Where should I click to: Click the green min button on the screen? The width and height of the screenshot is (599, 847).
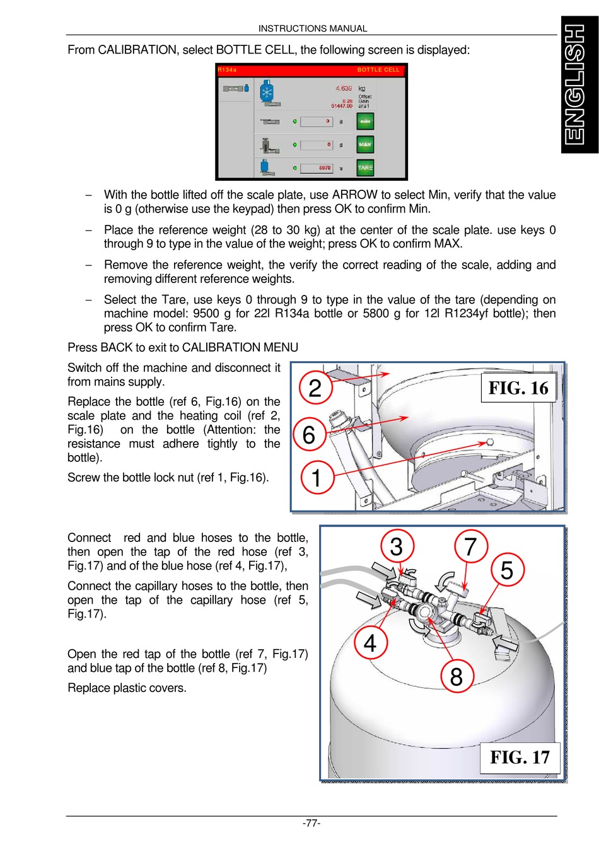(x=365, y=121)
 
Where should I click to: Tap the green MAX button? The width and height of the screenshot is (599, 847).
(x=365, y=144)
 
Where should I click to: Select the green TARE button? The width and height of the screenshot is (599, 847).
(x=365, y=168)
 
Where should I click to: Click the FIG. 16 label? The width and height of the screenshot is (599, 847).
(x=518, y=388)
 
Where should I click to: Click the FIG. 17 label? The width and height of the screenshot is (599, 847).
(x=520, y=757)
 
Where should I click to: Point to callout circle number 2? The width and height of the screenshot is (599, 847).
(x=315, y=388)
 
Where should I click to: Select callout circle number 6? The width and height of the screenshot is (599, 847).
(x=309, y=434)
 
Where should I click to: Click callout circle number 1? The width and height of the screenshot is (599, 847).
(x=317, y=477)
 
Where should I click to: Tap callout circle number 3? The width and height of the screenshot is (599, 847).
(x=397, y=546)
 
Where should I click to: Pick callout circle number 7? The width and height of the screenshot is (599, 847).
(x=470, y=546)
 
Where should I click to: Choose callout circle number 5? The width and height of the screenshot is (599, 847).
(x=507, y=570)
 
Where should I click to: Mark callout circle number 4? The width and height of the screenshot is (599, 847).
(x=370, y=643)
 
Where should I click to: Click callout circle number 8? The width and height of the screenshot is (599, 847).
(x=457, y=676)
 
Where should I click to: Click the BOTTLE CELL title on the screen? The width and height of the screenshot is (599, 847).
(x=378, y=70)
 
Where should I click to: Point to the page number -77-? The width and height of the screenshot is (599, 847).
(x=311, y=823)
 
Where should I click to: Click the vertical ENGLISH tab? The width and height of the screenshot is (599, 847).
(x=579, y=85)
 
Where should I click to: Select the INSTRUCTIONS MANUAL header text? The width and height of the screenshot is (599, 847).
(x=313, y=28)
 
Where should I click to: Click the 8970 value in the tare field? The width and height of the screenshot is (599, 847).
(x=325, y=168)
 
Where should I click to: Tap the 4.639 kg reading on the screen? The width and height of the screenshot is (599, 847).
(x=344, y=89)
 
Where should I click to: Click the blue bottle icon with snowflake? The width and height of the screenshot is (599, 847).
(x=267, y=92)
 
